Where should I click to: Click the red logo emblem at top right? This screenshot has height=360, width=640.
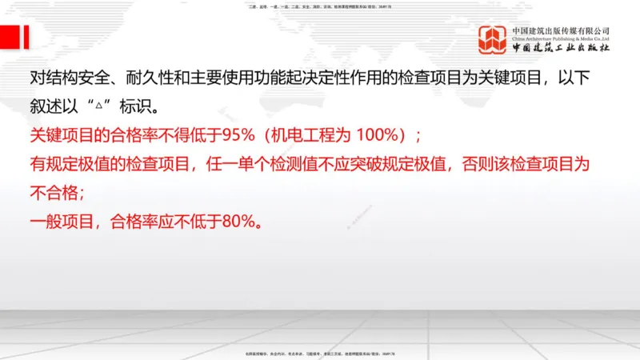coord(492,40)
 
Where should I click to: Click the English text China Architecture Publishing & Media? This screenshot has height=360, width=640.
coord(561,38)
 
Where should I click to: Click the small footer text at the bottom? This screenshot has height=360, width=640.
coord(319,353)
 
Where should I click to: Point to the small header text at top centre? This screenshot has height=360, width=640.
coord(319,7)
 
